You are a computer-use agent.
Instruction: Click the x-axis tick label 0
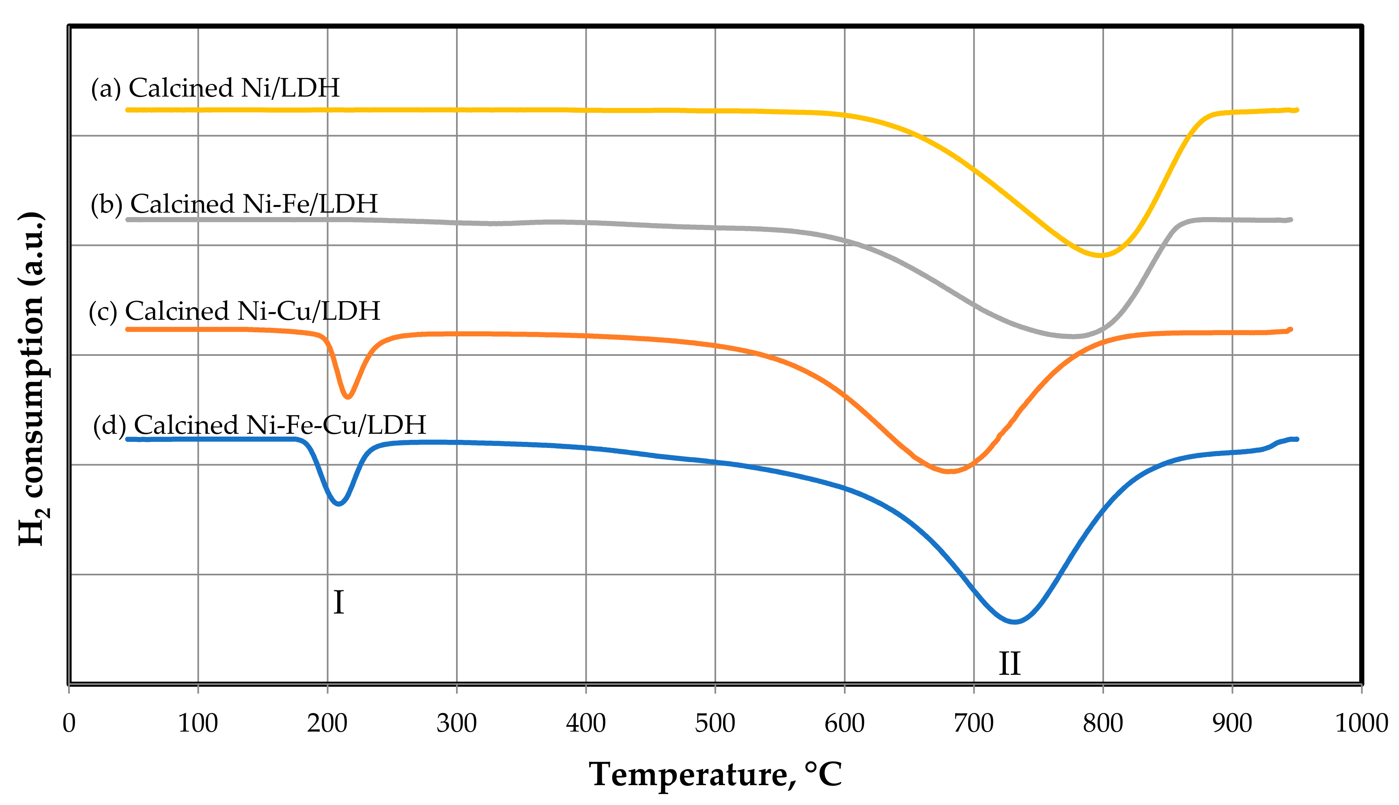pos(69,723)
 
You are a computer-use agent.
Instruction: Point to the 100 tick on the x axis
pos(198,723)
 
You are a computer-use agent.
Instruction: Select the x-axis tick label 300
pos(456,723)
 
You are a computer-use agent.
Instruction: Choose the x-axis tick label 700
pos(973,723)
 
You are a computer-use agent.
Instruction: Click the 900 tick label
pos(1232,723)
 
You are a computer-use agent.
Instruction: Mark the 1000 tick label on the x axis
pos(1361,723)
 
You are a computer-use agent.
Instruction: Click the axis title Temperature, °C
pos(715,775)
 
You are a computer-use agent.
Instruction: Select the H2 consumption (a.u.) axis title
pos(32,379)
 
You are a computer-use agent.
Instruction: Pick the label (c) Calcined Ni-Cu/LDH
pos(235,311)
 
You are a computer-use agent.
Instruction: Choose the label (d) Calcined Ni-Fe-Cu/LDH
pos(259,425)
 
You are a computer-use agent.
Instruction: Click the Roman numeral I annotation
pos(338,603)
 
